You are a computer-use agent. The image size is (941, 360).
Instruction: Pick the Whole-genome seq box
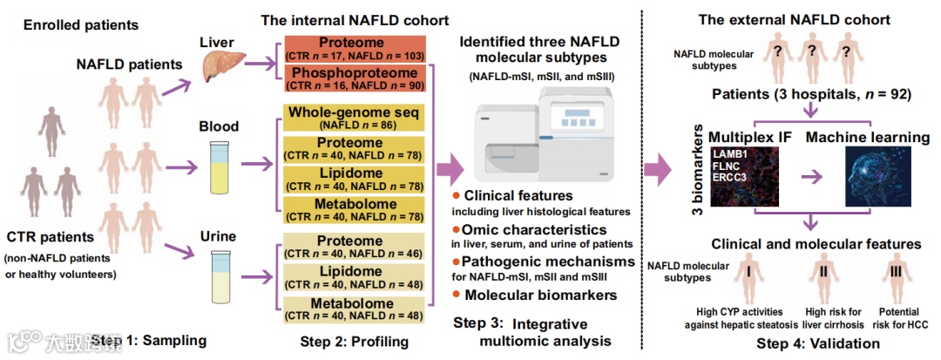click(354, 119)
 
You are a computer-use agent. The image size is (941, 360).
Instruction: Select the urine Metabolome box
click(354, 309)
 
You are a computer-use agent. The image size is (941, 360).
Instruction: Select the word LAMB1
click(732, 154)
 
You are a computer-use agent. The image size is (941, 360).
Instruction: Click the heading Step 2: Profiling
click(354, 339)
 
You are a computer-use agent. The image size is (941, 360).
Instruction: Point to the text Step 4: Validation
click(818, 344)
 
